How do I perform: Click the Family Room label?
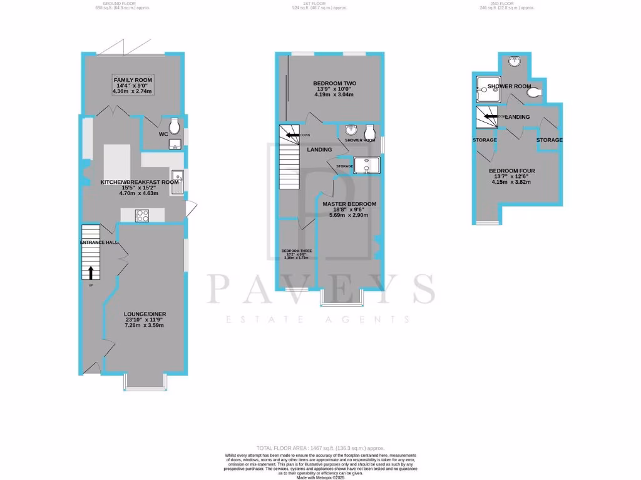[132, 80]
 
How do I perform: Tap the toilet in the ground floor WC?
[174, 122]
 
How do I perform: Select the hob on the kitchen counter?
[143, 216]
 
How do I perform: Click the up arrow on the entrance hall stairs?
[91, 272]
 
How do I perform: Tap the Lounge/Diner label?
[145, 314]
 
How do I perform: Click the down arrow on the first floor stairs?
[292, 134]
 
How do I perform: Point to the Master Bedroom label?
[349, 204]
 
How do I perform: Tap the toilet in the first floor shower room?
[370, 131]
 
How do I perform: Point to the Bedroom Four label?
[511, 171]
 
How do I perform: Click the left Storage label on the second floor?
[485, 140]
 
